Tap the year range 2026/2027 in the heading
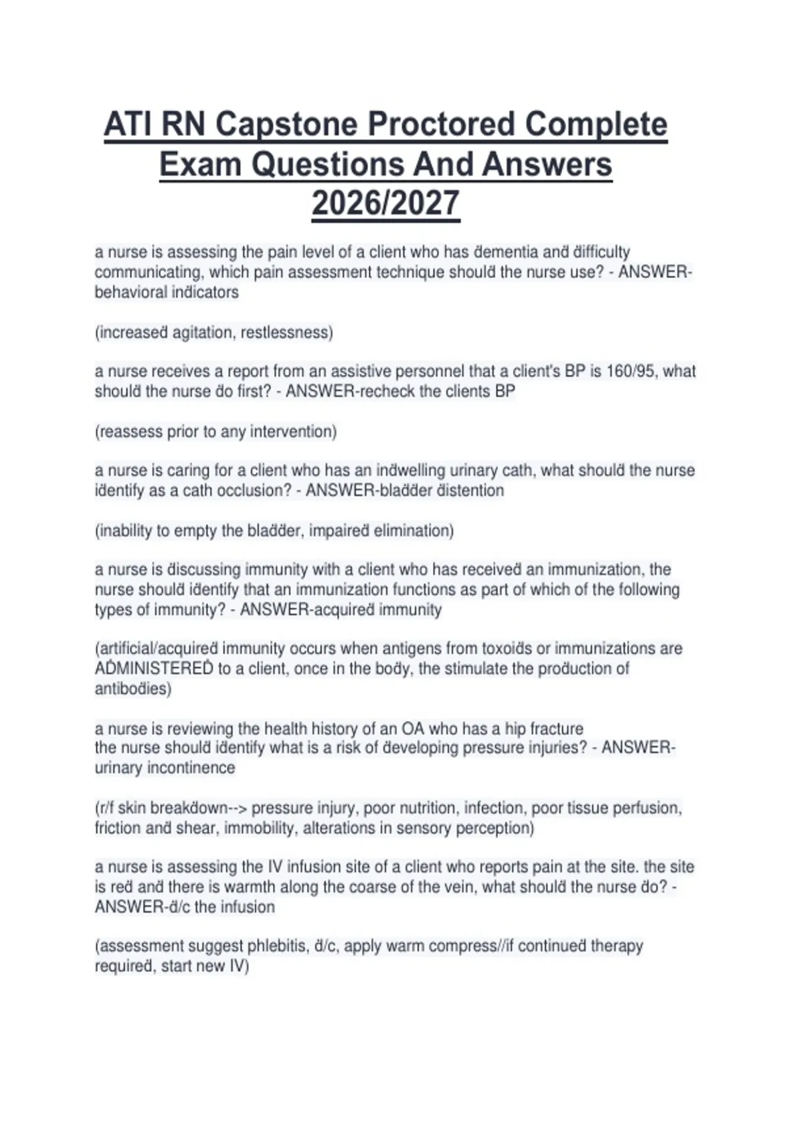(385, 204)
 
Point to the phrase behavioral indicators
(167, 293)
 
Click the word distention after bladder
(470, 491)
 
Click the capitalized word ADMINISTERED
(154, 669)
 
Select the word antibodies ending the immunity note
(132, 689)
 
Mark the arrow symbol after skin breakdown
(238, 808)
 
